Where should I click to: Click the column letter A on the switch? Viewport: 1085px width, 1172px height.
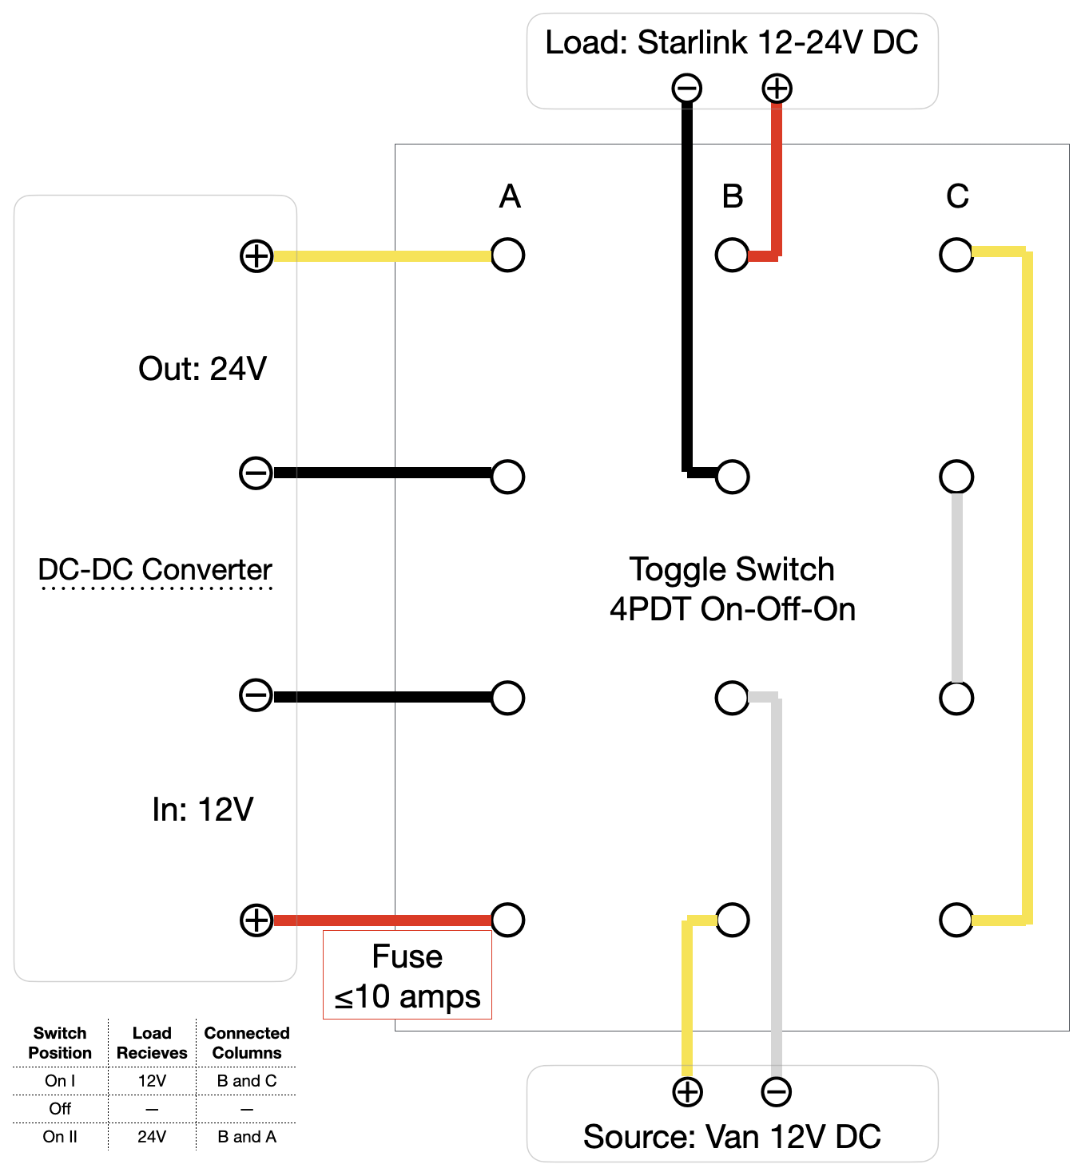coord(510,196)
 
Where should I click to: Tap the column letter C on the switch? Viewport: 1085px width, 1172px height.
coord(957,196)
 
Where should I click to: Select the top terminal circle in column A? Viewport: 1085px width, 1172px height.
coord(508,255)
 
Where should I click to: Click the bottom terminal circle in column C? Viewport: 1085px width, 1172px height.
coord(956,920)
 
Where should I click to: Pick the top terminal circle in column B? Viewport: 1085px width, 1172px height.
coord(732,255)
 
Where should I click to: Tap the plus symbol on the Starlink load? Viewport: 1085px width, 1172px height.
coord(777,88)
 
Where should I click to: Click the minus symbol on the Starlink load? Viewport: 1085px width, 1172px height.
coord(687,88)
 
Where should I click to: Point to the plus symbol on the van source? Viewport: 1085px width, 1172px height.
coord(687,1092)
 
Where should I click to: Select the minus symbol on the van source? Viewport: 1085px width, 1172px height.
coord(777,1092)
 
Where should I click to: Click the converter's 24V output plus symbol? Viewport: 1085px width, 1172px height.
coord(256,256)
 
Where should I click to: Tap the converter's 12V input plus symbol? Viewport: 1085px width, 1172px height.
coord(256,920)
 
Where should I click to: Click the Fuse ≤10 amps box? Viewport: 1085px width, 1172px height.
coord(407,976)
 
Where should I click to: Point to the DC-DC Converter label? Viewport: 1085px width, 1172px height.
coord(155,570)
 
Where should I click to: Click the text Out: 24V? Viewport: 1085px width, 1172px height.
coord(202,369)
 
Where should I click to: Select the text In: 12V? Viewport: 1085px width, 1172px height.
coord(203,810)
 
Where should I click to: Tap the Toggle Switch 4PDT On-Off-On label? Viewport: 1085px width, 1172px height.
coord(732,589)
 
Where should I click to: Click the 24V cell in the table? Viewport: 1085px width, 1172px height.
coord(152,1137)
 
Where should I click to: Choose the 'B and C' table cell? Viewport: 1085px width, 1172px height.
coord(247,1081)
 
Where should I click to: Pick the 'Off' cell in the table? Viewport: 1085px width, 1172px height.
coord(60,1109)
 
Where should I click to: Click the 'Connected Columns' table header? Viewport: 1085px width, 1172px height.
coord(247,1043)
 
